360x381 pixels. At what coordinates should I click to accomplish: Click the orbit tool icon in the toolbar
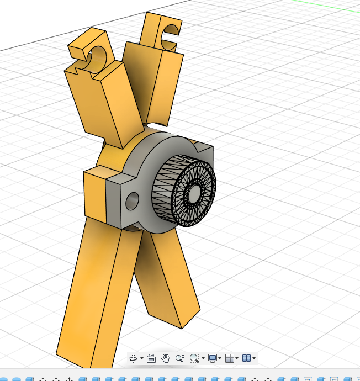[x=133, y=358]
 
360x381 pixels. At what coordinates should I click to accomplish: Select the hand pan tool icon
[x=166, y=358]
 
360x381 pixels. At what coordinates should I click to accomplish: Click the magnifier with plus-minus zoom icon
[x=179, y=358]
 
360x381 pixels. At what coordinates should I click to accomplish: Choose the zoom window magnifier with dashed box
[x=194, y=358]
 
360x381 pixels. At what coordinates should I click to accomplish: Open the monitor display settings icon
[x=212, y=358]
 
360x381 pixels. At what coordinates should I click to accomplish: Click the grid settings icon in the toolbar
[x=230, y=358]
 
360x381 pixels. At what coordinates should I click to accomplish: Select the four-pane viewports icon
[x=246, y=358]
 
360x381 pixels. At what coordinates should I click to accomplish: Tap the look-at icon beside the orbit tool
[x=151, y=358]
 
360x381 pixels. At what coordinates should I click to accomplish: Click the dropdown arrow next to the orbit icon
[x=142, y=359]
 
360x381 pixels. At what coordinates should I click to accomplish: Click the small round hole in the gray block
[x=132, y=202]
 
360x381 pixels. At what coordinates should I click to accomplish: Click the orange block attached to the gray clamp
[x=94, y=196]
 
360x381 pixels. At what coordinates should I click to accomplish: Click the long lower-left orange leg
[x=91, y=298]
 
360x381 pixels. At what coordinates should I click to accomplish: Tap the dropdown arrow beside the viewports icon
[x=254, y=359]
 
